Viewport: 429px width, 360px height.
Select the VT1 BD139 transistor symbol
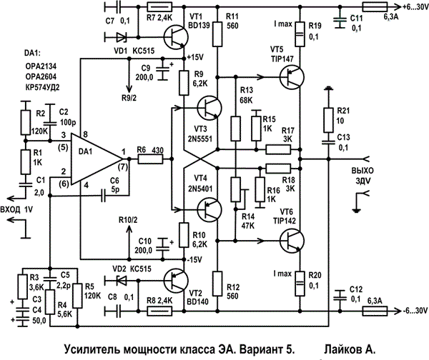pos(176,37)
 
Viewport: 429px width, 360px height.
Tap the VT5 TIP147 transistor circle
pos(292,77)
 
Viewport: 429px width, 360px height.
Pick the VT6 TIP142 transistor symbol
pos(292,241)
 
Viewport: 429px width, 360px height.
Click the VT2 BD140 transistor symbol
pos(176,281)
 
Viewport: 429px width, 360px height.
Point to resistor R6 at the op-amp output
pos(150,159)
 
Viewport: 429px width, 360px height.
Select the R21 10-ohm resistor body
pos(328,120)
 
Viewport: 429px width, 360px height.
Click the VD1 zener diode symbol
pos(122,37)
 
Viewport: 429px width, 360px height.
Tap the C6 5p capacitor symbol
pos(103,195)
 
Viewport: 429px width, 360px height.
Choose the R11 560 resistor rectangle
pos(217,34)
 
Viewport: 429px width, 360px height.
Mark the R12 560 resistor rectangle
pos(217,284)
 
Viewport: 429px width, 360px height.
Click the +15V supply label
pos(195,57)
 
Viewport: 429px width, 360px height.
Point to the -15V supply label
pos(194,259)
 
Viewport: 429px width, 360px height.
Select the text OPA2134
pos(41,66)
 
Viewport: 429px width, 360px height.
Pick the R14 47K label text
pos(248,221)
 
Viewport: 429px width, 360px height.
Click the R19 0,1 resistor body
pos(300,34)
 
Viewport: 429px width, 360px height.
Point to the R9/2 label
pos(129,98)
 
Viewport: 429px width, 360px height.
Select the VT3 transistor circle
pos(209,108)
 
